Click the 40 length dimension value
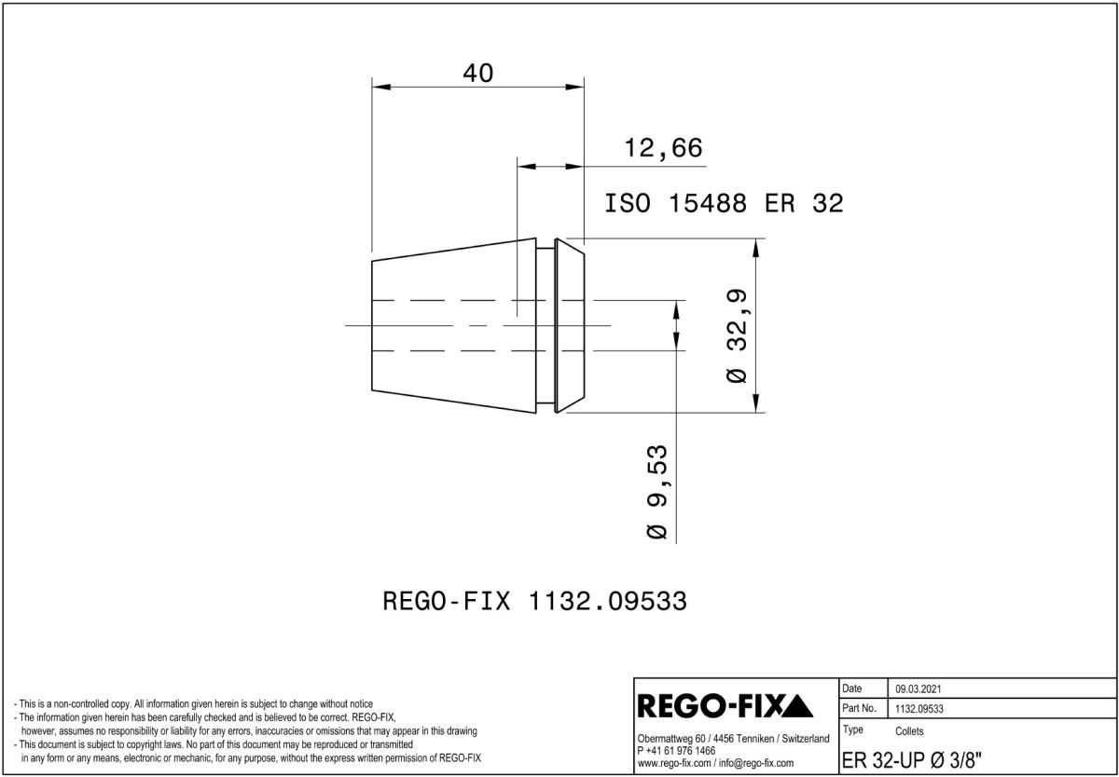[x=478, y=73]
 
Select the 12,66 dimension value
[x=663, y=148]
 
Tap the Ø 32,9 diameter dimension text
[x=738, y=335]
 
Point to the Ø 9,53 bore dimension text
[x=657, y=492]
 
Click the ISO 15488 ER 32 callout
[x=724, y=204]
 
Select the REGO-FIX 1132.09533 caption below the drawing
[x=534, y=601]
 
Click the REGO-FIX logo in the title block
[x=725, y=706]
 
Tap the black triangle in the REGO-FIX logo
[x=796, y=706]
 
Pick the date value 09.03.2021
[x=919, y=689]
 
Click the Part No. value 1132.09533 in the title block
[x=919, y=709]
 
